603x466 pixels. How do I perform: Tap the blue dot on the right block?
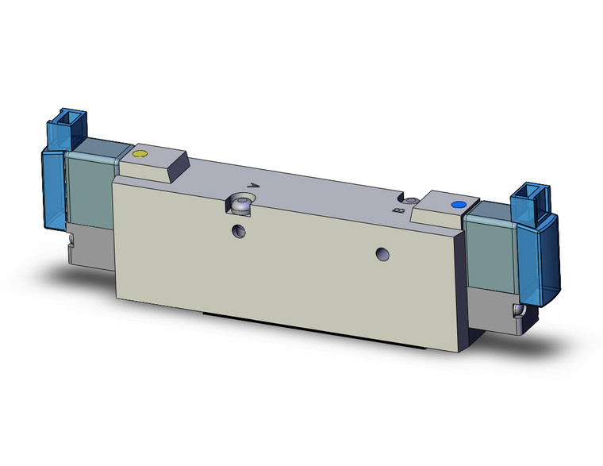click(x=456, y=206)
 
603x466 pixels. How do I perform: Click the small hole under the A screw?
click(x=239, y=231)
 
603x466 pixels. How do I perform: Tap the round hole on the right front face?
click(x=382, y=255)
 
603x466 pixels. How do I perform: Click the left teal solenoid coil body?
click(x=90, y=182)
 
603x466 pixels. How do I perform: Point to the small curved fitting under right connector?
click(x=518, y=311)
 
